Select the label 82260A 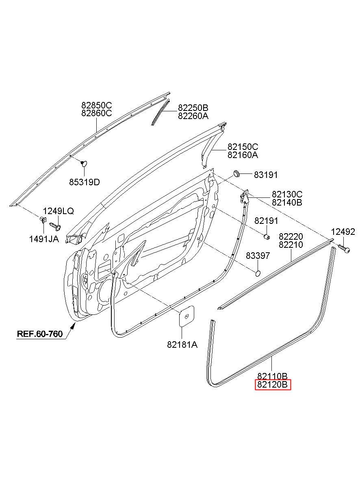pos(193,116)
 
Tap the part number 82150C pos(243,147)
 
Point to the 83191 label pos(266,175)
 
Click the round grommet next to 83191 pos(236,174)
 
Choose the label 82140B pos(287,202)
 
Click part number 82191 pos(266,221)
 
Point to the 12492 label pos(343,232)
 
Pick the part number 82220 pos(291,236)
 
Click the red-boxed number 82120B pos(273,384)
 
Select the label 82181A pos(182,345)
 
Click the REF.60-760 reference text pos(40,334)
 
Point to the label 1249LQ pos(59,211)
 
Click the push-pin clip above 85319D pos(84,163)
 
